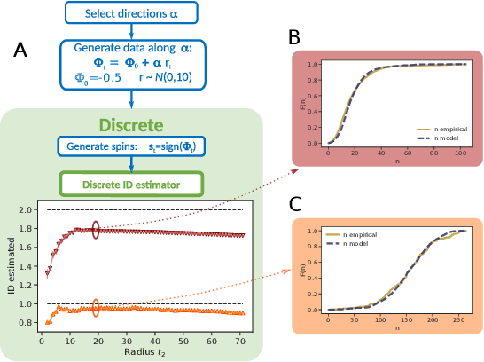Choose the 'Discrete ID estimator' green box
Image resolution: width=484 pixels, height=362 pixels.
coord(130,184)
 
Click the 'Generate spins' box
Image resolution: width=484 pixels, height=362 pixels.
coord(130,146)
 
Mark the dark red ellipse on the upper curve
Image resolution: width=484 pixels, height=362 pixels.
coord(97,230)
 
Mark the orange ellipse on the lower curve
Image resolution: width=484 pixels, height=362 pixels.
coord(97,309)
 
